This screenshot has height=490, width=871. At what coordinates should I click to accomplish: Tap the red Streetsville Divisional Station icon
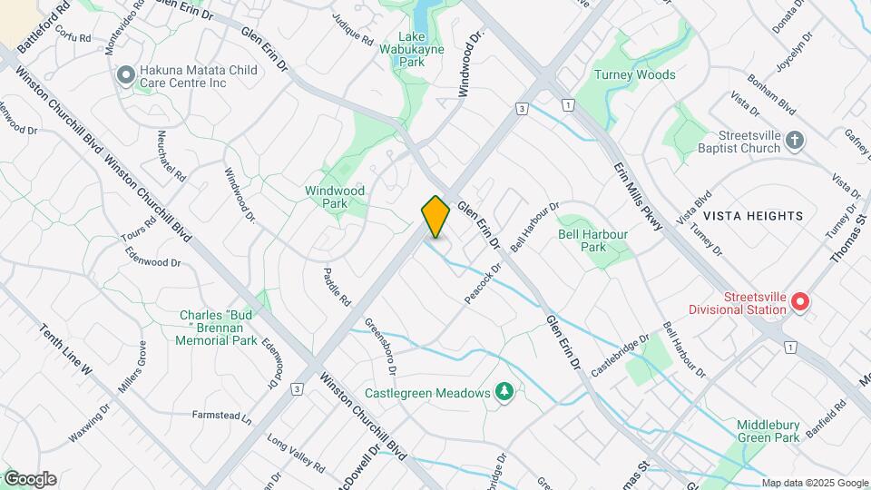(800, 302)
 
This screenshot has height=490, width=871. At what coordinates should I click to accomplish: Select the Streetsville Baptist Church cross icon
(795, 141)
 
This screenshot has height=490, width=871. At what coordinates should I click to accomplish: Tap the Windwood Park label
(335, 197)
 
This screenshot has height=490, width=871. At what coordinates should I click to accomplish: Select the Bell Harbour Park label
(592, 240)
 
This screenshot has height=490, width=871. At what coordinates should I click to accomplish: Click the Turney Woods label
(634, 74)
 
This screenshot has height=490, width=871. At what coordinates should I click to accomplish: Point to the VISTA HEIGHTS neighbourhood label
(753, 215)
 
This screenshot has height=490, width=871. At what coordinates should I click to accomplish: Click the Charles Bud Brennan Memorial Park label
(219, 328)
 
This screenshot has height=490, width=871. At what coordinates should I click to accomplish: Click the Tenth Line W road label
(65, 349)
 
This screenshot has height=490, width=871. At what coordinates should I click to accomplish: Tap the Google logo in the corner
(29, 479)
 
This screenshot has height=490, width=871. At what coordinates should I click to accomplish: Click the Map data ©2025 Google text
(815, 483)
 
